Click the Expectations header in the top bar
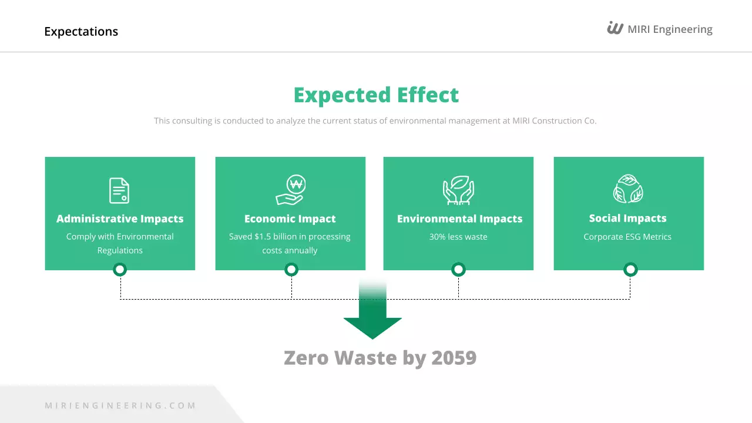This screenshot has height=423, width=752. point(81,32)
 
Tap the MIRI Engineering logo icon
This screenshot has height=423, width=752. point(615,28)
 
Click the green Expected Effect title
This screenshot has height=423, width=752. point(376,95)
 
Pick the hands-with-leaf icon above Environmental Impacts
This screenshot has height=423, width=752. point(458,190)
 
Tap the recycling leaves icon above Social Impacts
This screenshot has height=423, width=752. point(628,189)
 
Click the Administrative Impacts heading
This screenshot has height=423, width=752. point(120,219)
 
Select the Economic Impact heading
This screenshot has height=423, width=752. point(290,219)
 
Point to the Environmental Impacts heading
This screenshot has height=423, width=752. point(459,219)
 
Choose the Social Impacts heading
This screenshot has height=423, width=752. point(627,218)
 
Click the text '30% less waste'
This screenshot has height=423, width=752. point(458,237)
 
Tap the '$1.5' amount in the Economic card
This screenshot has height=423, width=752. point(261,237)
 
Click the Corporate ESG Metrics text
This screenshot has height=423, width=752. point(627,237)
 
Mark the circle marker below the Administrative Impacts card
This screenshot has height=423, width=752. point(120,270)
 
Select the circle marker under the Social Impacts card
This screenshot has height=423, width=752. point(630,270)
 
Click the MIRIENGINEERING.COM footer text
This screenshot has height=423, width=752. point(120,405)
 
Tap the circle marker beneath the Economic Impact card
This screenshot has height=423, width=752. point(291,270)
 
